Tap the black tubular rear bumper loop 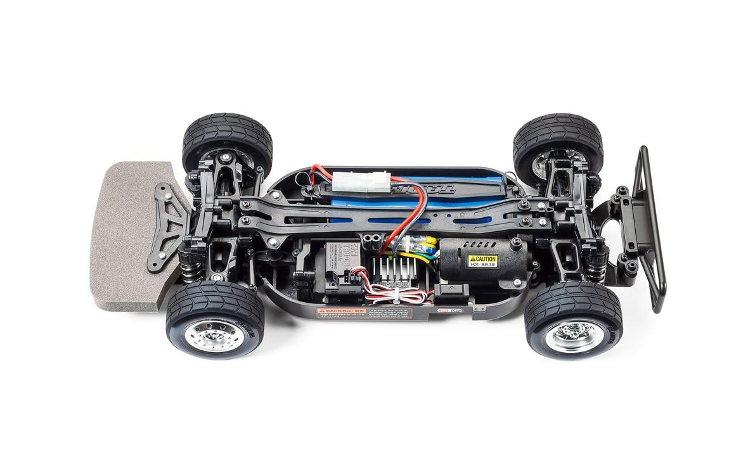click(650, 228)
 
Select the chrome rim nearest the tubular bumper click(574, 334)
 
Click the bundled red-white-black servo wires click(396, 294)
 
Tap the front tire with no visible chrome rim click(227, 142)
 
